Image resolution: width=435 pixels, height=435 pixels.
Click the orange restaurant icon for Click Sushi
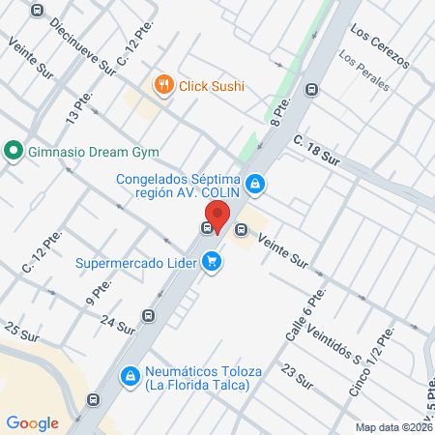pyautogui.click(x=163, y=85)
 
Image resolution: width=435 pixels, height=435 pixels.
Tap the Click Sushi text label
pyautogui.click(x=211, y=85)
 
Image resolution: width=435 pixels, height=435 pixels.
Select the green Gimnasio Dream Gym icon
pyautogui.click(x=13, y=152)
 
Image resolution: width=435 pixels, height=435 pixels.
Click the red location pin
pyautogui.click(x=217, y=216)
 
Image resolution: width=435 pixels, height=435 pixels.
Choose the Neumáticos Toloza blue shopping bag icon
pyautogui.click(x=129, y=375)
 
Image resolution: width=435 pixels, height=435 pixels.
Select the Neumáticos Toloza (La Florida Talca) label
pyautogui.click(x=197, y=378)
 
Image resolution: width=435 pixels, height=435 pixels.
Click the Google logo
pyautogui.click(x=33, y=422)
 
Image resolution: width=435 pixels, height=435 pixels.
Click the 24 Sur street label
pyautogui.click(x=116, y=325)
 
